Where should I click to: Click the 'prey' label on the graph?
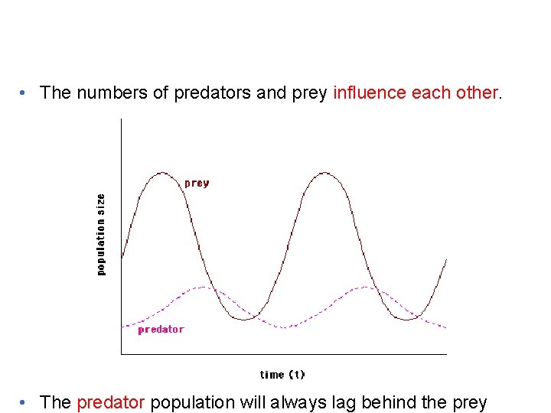197,184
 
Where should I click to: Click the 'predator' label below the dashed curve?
161,330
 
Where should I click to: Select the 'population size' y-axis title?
101,234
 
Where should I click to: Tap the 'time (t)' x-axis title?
282,375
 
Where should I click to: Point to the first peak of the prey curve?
162,173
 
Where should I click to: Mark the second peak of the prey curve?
325,173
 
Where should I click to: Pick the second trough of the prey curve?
408,319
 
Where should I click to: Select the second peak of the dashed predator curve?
367,287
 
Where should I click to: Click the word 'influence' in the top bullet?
370,93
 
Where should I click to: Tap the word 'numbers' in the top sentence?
106,93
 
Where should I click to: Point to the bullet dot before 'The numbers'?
25,93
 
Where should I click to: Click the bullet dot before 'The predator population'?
25,403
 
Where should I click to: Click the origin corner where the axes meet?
121,354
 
